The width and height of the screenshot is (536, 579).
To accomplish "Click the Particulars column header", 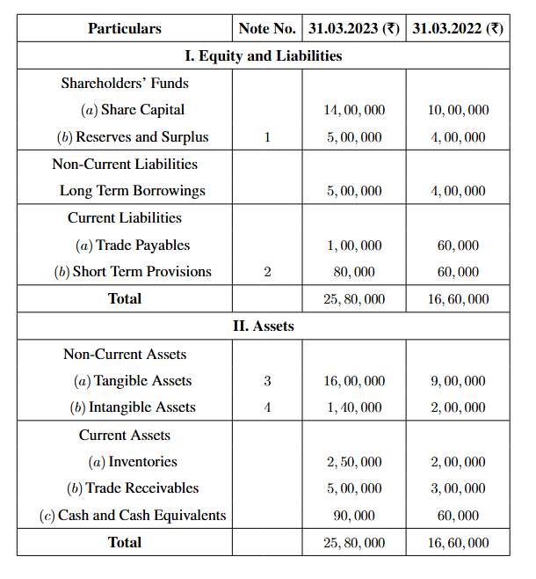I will click(x=125, y=29).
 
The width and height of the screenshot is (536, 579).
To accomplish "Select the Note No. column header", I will click(x=267, y=29).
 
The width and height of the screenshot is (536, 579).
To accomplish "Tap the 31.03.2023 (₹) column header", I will click(x=354, y=29).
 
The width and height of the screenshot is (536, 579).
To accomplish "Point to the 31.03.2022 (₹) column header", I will click(x=458, y=29).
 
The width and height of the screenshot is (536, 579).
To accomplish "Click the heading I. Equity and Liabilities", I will click(x=264, y=56).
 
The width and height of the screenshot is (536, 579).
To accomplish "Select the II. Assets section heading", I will click(x=264, y=326).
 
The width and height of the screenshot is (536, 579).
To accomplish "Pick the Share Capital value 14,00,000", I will click(x=354, y=111).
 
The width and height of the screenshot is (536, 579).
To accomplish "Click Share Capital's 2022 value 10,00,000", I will click(x=458, y=111).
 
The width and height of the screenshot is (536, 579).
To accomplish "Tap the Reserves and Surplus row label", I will click(x=135, y=137).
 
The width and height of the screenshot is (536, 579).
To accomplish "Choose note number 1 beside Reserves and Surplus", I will click(x=267, y=137).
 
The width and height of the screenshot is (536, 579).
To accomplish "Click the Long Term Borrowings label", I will click(x=133, y=191).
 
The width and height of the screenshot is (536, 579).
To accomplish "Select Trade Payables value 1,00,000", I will click(x=354, y=246).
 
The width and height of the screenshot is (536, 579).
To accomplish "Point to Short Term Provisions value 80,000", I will click(x=354, y=272).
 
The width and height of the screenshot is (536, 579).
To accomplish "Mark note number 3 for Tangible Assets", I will click(x=267, y=381).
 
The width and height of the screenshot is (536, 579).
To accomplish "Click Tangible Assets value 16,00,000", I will click(x=354, y=381).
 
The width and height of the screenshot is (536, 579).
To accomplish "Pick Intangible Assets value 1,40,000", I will click(x=354, y=407).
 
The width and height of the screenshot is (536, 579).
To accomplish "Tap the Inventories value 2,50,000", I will click(x=354, y=462).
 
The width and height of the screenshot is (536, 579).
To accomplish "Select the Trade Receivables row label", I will click(x=133, y=488).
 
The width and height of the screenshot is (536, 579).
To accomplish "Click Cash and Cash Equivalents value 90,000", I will click(x=354, y=516).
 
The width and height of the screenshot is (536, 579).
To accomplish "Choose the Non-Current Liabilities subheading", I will click(x=125, y=165).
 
